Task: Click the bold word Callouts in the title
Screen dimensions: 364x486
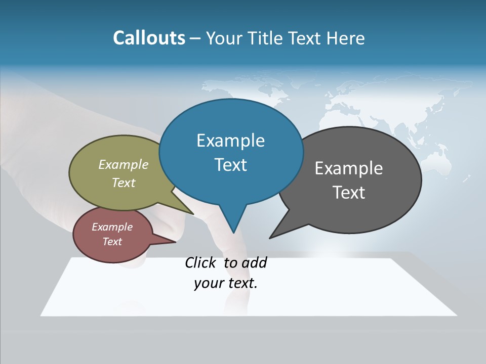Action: [149, 38]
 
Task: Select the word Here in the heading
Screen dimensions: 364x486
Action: [346, 38]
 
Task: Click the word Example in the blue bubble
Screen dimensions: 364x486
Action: [230, 140]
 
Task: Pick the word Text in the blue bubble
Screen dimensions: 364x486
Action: [230, 164]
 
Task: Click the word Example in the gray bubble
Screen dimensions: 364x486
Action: [349, 168]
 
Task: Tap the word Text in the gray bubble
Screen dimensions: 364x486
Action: [349, 192]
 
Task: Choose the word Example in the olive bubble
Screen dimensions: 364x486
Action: [124, 164]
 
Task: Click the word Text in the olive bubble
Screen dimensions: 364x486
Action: [124, 183]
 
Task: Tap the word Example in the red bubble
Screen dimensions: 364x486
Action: [112, 227]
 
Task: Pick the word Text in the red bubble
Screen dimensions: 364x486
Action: [112, 242]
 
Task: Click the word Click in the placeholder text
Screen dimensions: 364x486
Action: [202, 262]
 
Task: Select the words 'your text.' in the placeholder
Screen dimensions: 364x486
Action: [226, 284]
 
